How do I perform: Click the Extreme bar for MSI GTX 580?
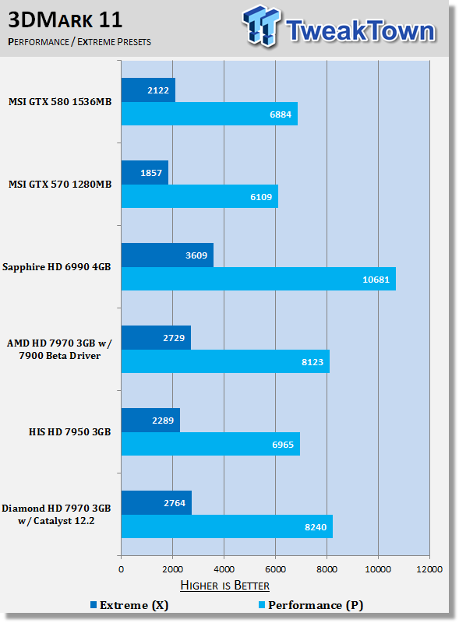(x=148, y=90)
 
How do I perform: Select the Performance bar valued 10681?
(x=259, y=279)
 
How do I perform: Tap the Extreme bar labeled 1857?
(x=145, y=172)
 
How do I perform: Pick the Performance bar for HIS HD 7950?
(x=211, y=444)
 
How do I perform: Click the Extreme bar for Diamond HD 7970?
(x=157, y=502)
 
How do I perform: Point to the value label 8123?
(x=312, y=362)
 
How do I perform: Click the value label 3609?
(x=196, y=255)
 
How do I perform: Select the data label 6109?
(x=261, y=197)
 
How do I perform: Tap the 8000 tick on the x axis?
(x=327, y=569)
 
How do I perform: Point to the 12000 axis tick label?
(x=429, y=569)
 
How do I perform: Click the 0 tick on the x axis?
(x=122, y=569)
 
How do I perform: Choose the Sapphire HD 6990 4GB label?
(x=56, y=267)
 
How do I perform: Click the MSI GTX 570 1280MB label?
(x=60, y=185)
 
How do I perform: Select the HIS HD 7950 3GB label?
(x=69, y=432)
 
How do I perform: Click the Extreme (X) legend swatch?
(x=94, y=605)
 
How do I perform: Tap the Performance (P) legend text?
(x=316, y=605)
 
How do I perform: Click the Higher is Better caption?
(x=224, y=586)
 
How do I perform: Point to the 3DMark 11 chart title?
(x=65, y=19)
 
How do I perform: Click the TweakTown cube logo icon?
(x=261, y=26)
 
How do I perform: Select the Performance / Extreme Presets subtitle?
(x=79, y=42)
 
